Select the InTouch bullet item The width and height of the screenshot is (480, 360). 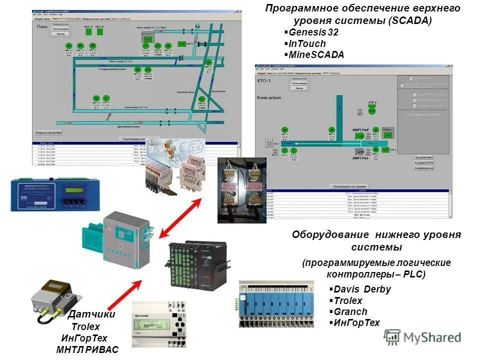(x=307, y=44)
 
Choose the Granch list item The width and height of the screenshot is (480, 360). (x=350, y=311)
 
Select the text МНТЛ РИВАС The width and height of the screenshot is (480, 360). (x=87, y=349)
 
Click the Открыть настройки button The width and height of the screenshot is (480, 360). (x=48, y=132)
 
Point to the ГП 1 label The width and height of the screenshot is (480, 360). (x=372, y=103)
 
